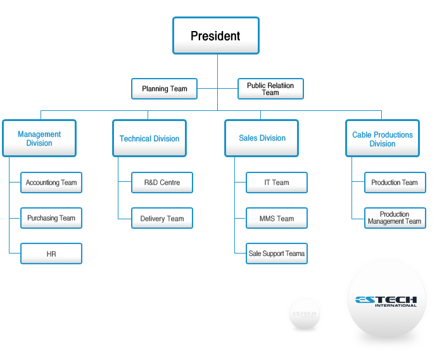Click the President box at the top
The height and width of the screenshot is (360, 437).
coord(215,35)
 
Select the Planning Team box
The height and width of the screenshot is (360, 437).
coord(164,89)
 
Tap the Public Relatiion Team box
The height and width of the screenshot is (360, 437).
coord(270,89)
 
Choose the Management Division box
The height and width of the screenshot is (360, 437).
coord(39,138)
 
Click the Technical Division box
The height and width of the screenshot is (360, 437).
coord(149,138)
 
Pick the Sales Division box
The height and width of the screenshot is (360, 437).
coord(262,138)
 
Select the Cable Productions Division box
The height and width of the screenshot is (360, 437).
coord(383,139)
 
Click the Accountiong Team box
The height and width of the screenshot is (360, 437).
coord(51,183)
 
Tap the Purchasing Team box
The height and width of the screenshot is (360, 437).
coord(51,218)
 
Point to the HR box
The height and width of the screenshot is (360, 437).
coord(51,254)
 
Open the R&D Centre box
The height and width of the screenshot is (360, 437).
coord(162,183)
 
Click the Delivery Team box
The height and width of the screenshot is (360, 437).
coord(162,219)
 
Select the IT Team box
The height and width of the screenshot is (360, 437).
coord(277,183)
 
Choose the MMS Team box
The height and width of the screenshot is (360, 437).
coord(277,219)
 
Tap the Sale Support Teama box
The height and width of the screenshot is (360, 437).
coord(277,254)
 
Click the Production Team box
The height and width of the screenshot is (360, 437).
coord(395,183)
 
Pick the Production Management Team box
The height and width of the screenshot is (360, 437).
coord(395,218)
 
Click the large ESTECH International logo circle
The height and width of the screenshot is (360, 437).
coord(386,301)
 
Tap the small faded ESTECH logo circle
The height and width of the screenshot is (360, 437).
coord(304,313)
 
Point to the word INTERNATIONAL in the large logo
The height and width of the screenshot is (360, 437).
coord(396,305)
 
